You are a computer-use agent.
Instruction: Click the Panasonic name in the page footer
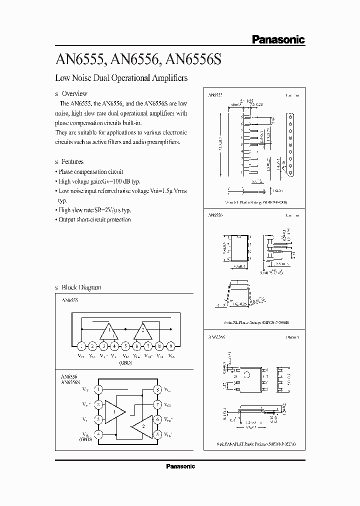180,466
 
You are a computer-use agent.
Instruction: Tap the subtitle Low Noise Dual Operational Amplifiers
121,78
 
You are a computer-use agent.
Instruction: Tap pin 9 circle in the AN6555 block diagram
171,345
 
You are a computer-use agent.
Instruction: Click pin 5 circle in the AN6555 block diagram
125,345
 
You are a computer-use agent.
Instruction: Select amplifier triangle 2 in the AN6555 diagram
142,330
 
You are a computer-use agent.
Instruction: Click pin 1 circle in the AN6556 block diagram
99,388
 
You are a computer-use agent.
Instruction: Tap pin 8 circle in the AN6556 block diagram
158,388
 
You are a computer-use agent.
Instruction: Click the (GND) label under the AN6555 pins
125,362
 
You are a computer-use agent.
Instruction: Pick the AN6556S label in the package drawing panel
216,337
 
